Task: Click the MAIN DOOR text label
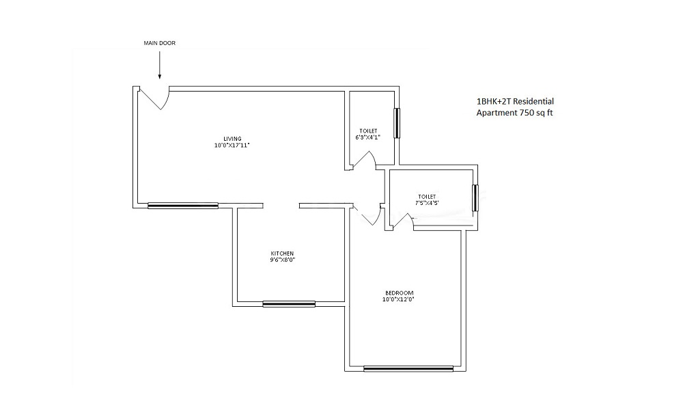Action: click(x=159, y=43)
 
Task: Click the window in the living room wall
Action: click(x=183, y=205)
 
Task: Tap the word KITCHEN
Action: click(x=282, y=254)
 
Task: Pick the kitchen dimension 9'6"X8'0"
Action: click(x=282, y=260)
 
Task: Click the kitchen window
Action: click(x=289, y=304)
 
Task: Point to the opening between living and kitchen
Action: click(x=281, y=205)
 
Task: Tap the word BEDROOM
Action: click(x=398, y=292)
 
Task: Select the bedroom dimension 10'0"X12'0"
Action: click(x=398, y=299)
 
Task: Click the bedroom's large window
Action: click(x=408, y=368)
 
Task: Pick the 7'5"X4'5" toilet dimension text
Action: click(x=426, y=203)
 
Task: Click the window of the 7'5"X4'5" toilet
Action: click(x=475, y=197)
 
